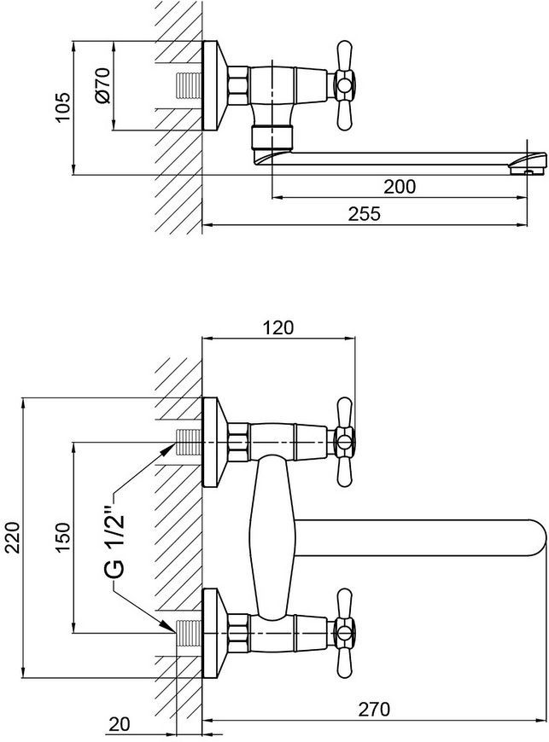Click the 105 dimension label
point(63,108)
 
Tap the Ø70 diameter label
point(102,85)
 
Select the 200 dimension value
point(400,187)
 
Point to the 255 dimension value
point(365,213)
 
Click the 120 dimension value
point(277,328)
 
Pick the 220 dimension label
point(13,537)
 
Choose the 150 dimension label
point(63,536)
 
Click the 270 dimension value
point(374,709)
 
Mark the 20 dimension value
point(119,724)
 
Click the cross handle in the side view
point(344,85)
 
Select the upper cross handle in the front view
point(344,442)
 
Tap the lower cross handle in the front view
point(344,633)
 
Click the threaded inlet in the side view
point(189,85)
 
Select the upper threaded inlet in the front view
point(189,442)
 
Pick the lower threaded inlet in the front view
point(189,633)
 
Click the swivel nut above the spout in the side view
point(272,136)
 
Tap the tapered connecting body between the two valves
point(272,537)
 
